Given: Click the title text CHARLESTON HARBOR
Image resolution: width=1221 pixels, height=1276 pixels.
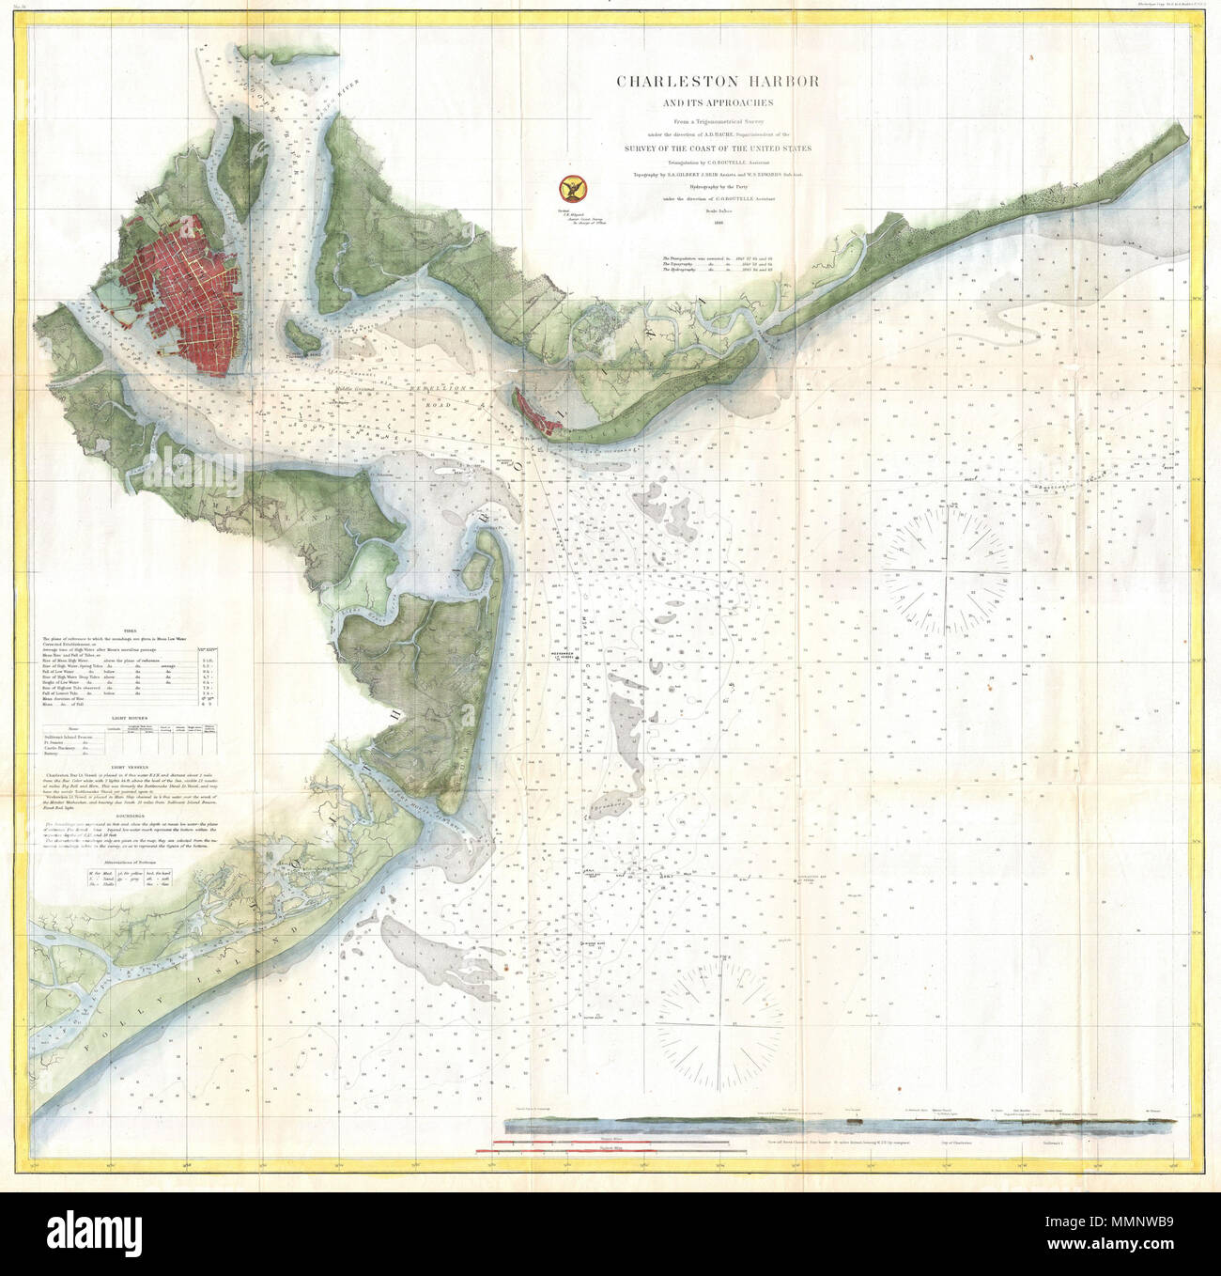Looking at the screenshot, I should pyautogui.click(x=718, y=81).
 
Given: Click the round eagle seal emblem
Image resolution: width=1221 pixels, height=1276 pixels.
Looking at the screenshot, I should pyautogui.click(x=568, y=189).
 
